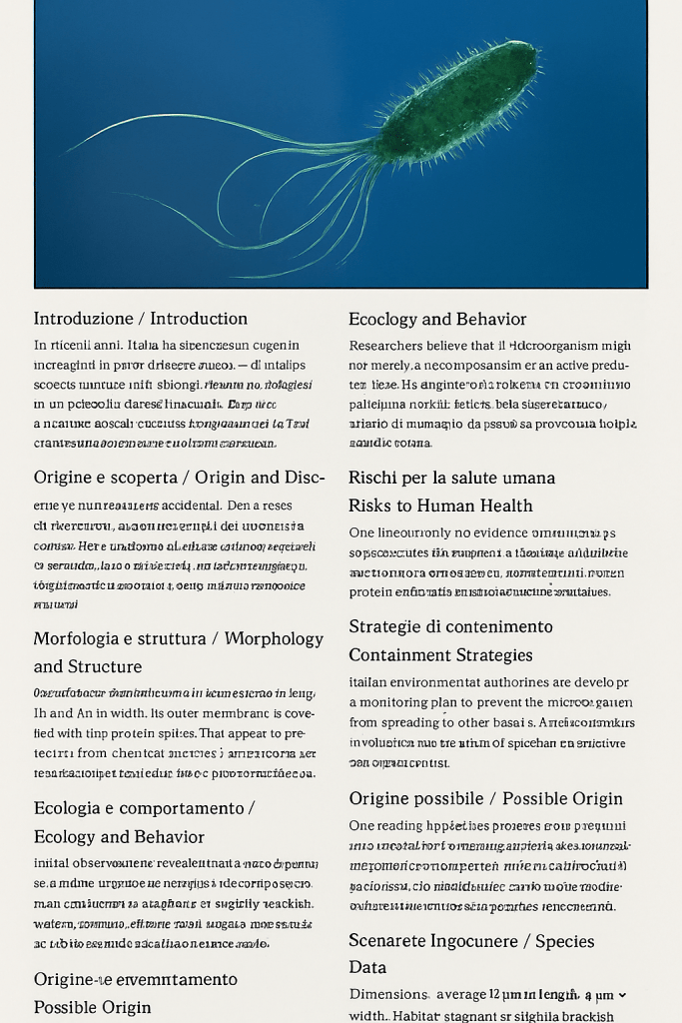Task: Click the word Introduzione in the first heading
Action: tap(83, 319)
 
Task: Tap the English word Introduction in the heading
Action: tap(199, 319)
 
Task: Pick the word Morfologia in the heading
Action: tap(79, 638)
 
